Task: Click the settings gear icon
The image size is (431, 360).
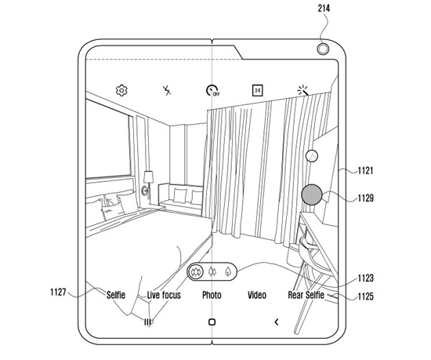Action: click(x=121, y=90)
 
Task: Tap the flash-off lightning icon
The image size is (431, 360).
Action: click(x=167, y=90)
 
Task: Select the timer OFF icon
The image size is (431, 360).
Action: click(x=212, y=90)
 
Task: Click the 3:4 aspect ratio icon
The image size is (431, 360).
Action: click(x=257, y=90)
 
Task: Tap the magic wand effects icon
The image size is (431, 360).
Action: click(x=303, y=90)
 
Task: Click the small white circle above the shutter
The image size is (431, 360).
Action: click(x=312, y=156)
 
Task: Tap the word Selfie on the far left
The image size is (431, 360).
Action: click(x=116, y=295)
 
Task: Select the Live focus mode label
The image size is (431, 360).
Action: click(x=164, y=295)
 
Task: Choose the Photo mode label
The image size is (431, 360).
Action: click(x=212, y=295)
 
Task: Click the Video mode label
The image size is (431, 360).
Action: click(x=257, y=295)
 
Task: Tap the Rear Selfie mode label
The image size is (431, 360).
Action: click(x=306, y=295)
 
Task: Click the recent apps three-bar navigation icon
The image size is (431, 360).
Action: click(x=147, y=322)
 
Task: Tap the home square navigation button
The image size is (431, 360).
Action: click(x=212, y=322)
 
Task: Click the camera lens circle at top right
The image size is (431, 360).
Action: click(x=323, y=49)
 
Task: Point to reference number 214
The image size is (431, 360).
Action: click(x=324, y=9)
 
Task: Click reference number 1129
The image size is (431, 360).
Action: click(x=365, y=198)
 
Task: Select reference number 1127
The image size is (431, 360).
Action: click(x=58, y=292)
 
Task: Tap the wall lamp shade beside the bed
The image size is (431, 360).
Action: click(x=148, y=176)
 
